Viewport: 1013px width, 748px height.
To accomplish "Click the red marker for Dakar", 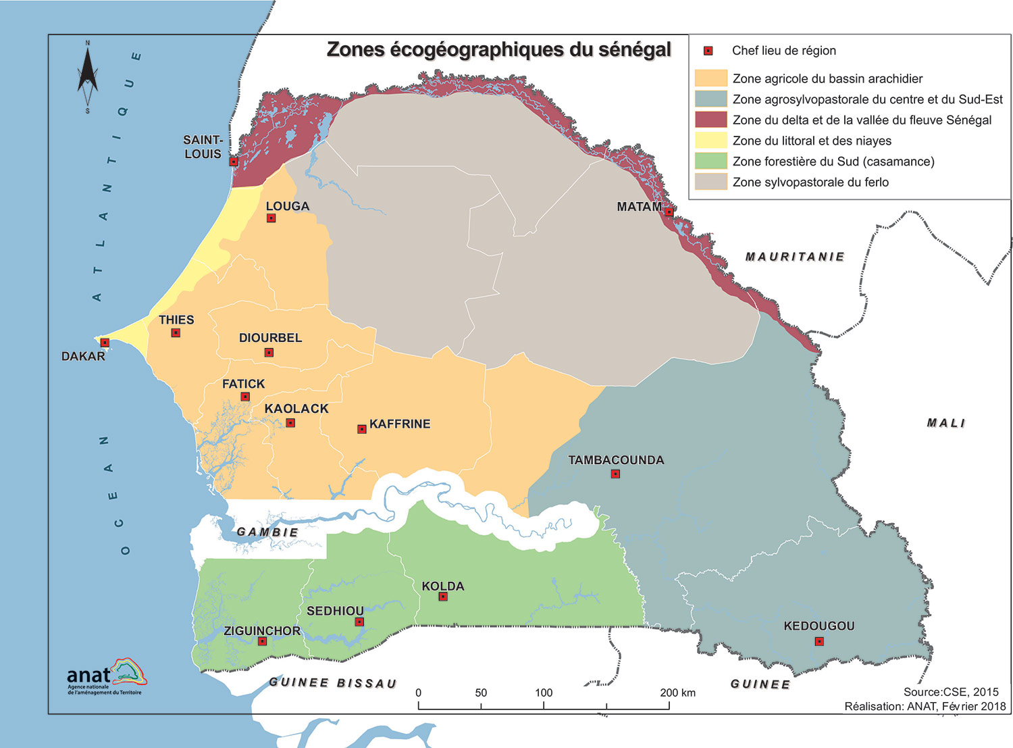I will (105, 343).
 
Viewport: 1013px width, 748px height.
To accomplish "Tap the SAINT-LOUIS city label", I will (203, 147).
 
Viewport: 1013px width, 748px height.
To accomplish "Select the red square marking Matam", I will (669, 211).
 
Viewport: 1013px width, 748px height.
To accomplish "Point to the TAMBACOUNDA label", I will (616, 460).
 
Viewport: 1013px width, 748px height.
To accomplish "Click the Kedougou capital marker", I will (819, 641).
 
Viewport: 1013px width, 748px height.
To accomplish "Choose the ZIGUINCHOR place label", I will (262, 630).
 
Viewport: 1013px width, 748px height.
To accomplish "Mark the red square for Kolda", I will (443, 597).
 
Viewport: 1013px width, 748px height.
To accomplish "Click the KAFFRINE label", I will (400, 424).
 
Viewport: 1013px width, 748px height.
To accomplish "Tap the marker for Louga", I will (271, 218).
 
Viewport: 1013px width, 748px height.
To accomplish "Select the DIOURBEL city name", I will (270, 338).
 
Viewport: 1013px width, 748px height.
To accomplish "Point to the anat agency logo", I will (107, 676).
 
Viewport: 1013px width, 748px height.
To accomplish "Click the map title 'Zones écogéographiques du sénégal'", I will (498, 49).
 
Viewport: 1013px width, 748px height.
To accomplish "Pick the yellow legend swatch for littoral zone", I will (710, 141).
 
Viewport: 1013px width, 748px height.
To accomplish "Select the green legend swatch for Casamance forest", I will (710, 161).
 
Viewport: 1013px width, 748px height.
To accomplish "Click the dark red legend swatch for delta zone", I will (710, 120).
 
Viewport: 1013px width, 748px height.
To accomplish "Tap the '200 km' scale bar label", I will (677, 693).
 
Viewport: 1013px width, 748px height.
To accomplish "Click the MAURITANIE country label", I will (795, 257).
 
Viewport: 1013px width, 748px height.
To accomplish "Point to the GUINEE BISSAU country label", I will (333, 682).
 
